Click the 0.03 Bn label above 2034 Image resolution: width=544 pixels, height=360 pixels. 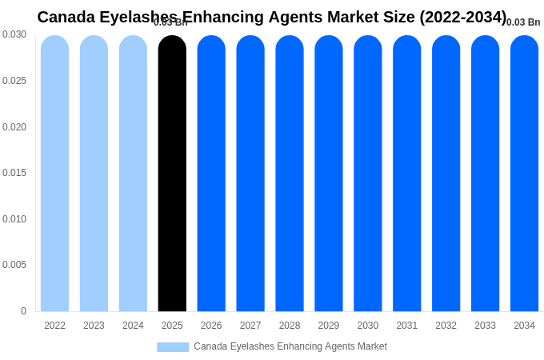click(523, 22)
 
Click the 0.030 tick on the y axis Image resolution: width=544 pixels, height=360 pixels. click(14, 34)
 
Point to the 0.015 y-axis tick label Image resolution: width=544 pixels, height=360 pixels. click(14, 173)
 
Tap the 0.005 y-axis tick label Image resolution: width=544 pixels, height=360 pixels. click(14, 265)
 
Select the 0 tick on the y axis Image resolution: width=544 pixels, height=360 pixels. click(23, 311)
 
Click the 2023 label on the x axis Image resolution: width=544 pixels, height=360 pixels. click(94, 326)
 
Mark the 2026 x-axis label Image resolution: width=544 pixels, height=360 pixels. click(211, 326)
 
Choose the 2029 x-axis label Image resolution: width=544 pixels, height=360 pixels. click(329, 326)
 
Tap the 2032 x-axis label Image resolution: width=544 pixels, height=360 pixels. click(446, 326)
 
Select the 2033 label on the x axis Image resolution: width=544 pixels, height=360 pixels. click(485, 326)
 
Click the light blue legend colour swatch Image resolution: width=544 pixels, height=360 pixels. click(173, 347)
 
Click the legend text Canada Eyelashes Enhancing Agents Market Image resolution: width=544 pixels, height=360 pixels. click(290, 346)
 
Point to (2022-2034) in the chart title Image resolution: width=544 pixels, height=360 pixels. click(462, 17)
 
